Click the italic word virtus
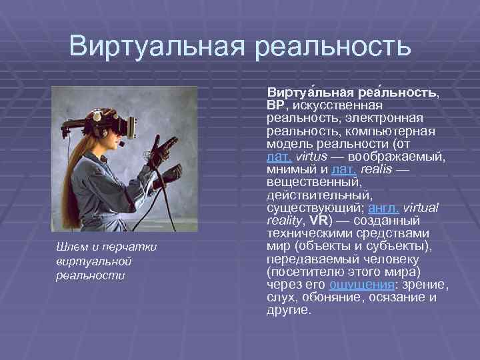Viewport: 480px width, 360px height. pos(310,156)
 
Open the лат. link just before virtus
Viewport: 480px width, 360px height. pos(277,156)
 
